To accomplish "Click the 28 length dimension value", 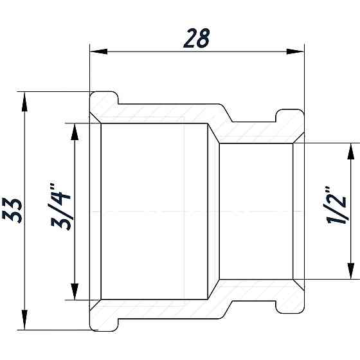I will point(196,39).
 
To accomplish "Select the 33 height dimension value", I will point(17,210).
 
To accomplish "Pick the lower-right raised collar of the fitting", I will point(289,304).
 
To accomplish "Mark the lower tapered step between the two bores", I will point(213,289).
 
